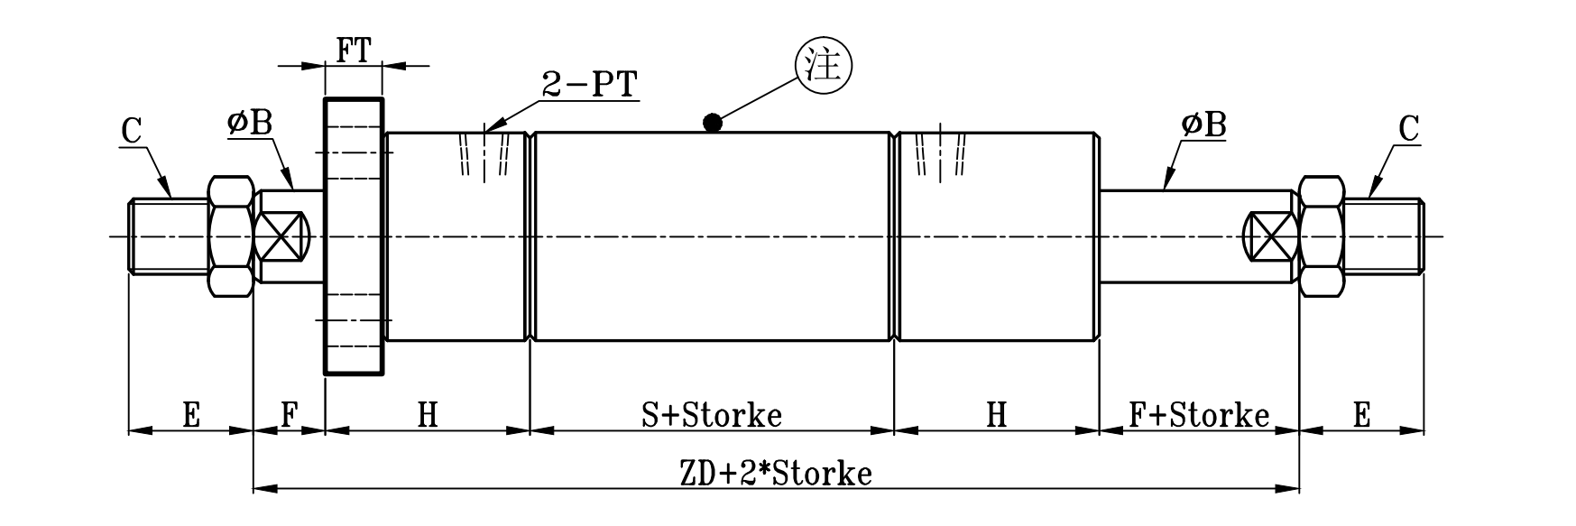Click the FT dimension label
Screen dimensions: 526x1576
(354, 51)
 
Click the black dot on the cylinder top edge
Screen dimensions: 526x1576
(713, 123)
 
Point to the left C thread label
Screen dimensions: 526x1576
(132, 131)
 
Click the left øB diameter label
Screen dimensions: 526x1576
(250, 124)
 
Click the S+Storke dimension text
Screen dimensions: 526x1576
(711, 414)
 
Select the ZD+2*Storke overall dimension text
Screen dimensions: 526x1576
(774, 473)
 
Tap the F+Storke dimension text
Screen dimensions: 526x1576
(1199, 414)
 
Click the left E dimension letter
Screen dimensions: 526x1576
(190, 415)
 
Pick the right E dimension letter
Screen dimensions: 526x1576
(1361, 415)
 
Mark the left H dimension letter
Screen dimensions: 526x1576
(428, 415)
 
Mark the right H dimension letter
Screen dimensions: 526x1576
(996, 415)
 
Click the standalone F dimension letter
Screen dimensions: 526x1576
(289, 415)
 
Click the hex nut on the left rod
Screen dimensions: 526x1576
(231, 236)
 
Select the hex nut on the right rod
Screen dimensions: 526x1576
(1321, 236)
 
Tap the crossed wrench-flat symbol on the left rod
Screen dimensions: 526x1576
(281, 236)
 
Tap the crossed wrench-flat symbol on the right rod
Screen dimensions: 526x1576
(1268, 237)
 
